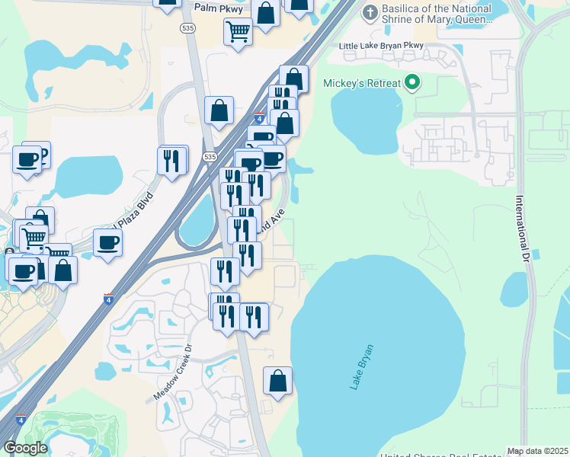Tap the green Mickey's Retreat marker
[413, 83]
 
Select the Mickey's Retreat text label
[361, 83]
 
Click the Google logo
[25, 448]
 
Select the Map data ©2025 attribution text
[538, 452]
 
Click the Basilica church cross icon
[370, 12]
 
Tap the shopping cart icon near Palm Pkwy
[238, 32]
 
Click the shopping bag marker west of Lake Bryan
[277, 380]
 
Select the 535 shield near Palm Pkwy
[187, 27]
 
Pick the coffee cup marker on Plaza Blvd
[107, 242]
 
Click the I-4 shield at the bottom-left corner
[21, 419]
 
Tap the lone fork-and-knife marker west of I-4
[173, 159]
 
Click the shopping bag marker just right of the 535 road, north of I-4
[219, 110]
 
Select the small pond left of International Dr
[514, 289]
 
